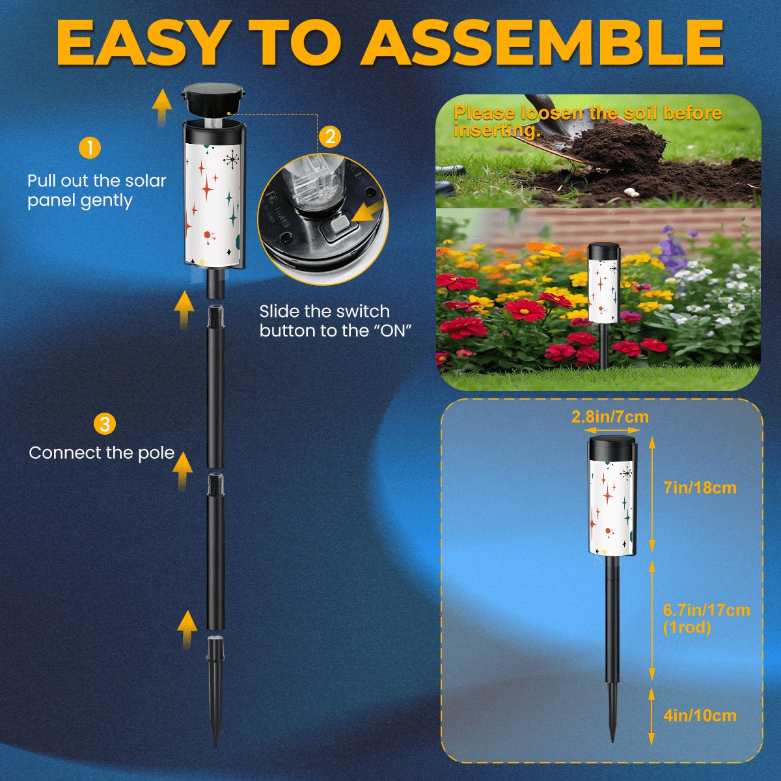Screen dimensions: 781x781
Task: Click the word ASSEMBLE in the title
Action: pyautogui.click(x=543, y=42)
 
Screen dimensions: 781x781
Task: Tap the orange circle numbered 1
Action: pyautogui.click(x=90, y=148)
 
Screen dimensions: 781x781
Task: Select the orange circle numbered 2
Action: pyautogui.click(x=331, y=137)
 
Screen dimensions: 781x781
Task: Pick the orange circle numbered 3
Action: pyautogui.click(x=105, y=424)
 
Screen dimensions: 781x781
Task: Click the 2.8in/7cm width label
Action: pyautogui.click(x=610, y=417)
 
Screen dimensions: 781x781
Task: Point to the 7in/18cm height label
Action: pyautogui.click(x=700, y=487)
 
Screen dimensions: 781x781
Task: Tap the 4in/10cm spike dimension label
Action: pyautogui.click(x=700, y=727)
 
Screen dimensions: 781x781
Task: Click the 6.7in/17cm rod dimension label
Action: pyautogui.click(x=706, y=619)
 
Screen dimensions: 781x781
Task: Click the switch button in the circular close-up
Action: pyautogui.click(x=339, y=225)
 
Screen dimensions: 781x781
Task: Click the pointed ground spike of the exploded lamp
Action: pyautogui.click(x=215, y=691)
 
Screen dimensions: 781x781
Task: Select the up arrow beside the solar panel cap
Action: pyautogui.click(x=161, y=107)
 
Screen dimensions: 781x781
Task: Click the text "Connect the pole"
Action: pyautogui.click(x=102, y=453)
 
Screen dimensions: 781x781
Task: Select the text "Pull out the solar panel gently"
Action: pyautogui.click(x=97, y=191)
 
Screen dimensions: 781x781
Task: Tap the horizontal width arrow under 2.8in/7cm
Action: pyautogui.click(x=610, y=430)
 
